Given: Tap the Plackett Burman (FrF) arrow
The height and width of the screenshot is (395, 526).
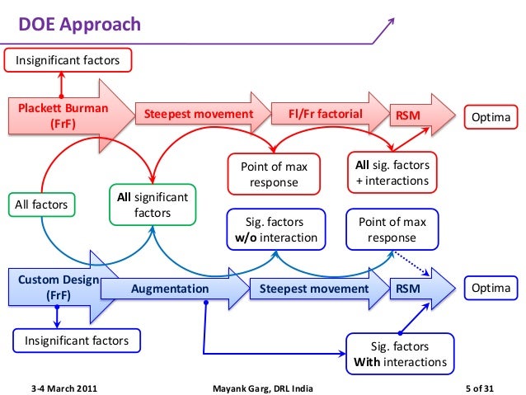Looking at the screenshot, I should tap(66, 115).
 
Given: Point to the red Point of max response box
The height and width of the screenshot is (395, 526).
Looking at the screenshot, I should tap(274, 175).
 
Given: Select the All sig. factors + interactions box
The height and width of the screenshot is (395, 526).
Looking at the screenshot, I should tap(392, 173).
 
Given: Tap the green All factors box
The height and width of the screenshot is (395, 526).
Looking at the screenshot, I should tap(41, 202).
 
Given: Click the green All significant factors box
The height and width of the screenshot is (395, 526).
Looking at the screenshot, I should tap(152, 205).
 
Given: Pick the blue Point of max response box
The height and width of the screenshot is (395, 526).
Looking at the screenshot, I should tap(392, 230).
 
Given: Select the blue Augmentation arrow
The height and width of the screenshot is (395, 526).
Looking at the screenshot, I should tap(177, 289).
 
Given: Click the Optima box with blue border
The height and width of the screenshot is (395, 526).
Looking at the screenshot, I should tap(491, 289).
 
